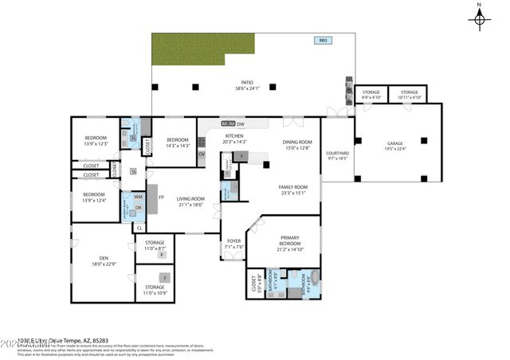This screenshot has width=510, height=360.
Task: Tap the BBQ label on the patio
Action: click(x=323, y=41)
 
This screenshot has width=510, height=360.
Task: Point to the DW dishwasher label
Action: click(x=240, y=124)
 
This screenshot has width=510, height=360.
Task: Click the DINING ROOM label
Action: click(x=296, y=144)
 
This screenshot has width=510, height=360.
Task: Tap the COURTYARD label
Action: click(x=338, y=155)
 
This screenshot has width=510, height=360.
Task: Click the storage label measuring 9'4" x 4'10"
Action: click(x=371, y=94)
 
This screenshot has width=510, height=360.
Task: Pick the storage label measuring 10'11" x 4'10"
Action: click(x=410, y=94)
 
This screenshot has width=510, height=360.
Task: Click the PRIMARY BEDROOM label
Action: click(x=284, y=244)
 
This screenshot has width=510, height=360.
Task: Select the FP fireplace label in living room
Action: click(x=161, y=198)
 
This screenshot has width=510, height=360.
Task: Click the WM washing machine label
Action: click(x=138, y=197)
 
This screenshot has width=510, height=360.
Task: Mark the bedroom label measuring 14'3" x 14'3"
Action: click(x=177, y=142)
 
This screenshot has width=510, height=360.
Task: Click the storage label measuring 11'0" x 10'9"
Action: click(x=155, y=289)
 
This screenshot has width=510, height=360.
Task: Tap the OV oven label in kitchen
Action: click(x=202, y=154)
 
